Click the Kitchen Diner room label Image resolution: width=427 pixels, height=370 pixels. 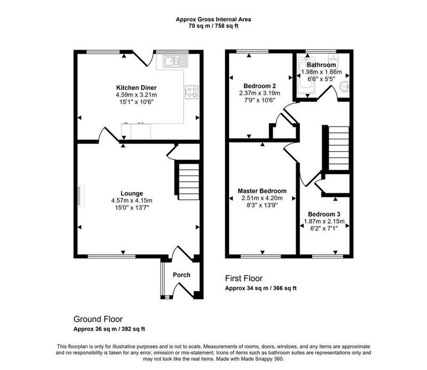point(137,88)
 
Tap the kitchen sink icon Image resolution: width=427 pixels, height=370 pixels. point(176,61)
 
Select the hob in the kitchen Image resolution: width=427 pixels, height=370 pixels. point(192,92)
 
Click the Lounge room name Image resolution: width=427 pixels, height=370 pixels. point(132,193)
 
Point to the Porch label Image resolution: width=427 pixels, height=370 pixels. point(181,275)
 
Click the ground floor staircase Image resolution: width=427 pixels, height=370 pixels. point(188,180)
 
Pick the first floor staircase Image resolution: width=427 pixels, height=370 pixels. point(337,148)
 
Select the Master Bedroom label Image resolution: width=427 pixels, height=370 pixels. point(262,191)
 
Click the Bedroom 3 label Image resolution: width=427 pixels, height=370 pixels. point(324,214)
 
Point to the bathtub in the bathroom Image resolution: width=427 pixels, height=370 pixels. point(306,75)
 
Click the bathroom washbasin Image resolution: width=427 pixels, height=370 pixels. point(345,87)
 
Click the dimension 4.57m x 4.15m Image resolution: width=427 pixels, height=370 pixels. point(132,201)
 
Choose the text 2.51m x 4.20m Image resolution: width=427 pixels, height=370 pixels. point(262,198)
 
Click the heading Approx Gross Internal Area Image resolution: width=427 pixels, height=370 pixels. point(213,19)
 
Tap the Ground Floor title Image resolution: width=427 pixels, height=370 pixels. point(98,319)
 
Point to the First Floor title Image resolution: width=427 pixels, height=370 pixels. point(244,279)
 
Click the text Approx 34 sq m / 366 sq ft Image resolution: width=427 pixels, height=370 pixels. point(260,288)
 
